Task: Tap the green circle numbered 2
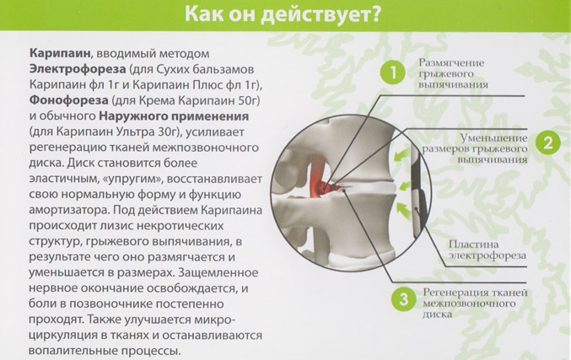point(547,142)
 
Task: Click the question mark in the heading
point(374,15)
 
